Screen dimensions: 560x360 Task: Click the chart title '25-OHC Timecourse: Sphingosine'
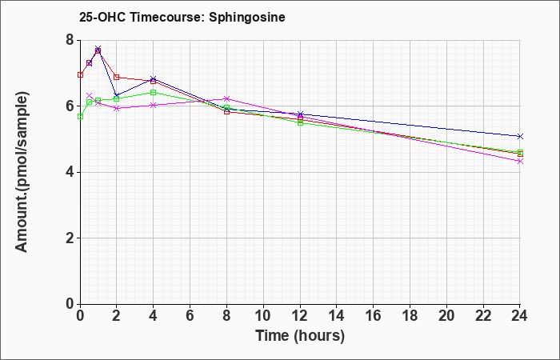[x=182, y=17]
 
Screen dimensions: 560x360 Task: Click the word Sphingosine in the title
[x=247, y=18]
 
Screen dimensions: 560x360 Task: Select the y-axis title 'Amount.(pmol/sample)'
[x=22, y=172]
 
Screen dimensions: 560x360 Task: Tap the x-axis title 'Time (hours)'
[x=300, y=336]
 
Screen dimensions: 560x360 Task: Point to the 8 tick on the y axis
[x=70, y=40]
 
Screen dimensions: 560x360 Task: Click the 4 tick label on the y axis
[x=70, y=172]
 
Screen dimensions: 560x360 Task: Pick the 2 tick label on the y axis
[x=70, y=238]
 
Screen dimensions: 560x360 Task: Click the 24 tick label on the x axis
[x=519, y=315]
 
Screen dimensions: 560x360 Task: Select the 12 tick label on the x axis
[x=300, y=315]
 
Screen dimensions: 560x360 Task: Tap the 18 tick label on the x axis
[x=410, y=315]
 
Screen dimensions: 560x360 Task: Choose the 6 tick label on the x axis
[x=190, y=315]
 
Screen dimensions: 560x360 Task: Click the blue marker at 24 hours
[x=520, y=137]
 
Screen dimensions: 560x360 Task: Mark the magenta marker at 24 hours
[x=520, y=162]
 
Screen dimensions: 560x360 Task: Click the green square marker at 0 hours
[x=80, y=117]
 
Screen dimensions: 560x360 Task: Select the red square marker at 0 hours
[x=80, y=74]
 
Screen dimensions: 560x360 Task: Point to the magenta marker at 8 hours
[x=226, y=98]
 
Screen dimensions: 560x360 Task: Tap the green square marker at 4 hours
[x=154, y=93]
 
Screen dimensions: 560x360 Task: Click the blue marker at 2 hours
[x=117, y=96]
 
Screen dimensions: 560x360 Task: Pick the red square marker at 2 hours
[x=117, y=77]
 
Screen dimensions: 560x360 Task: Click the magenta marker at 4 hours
[x=154, y=106]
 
